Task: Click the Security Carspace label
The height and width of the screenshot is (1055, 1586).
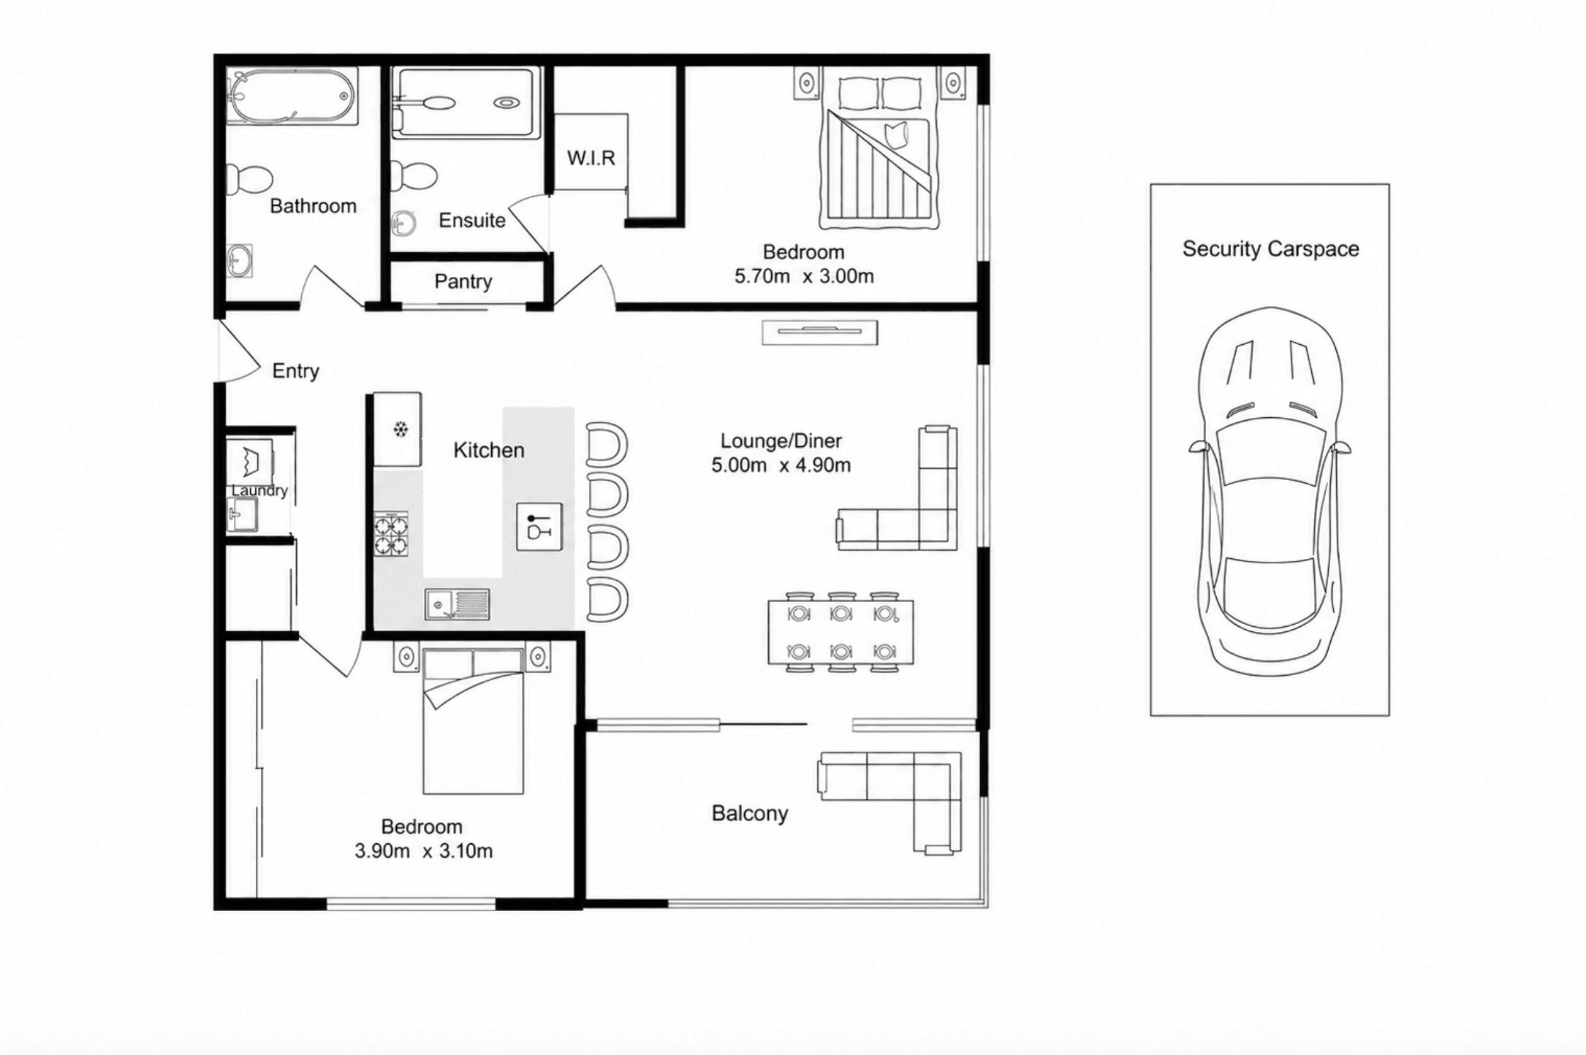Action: pos(1270,249)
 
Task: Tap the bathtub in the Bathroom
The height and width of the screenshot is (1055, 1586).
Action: pos(292,96)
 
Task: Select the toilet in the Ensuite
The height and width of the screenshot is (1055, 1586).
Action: pos(414,175)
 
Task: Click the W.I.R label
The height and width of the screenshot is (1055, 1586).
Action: pos(591,158)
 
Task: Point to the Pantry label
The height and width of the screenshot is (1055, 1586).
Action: pos(463,281)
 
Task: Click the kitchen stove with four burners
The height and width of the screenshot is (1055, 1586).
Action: pos(391,535)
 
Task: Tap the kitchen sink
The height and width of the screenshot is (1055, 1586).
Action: pos(458,604)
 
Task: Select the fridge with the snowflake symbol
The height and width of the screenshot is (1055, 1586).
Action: pos(398,430)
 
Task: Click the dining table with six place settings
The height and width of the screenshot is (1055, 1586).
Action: pos(841,632)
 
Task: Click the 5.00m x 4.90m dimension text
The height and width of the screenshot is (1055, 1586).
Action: pos(781,465)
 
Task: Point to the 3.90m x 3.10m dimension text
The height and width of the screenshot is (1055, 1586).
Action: pos(423,851)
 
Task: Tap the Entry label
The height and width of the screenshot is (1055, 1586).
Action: pos(295,371)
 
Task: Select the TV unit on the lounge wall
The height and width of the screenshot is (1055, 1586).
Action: pos(819,332)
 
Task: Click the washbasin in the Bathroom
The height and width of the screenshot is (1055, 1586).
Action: pos(239,261)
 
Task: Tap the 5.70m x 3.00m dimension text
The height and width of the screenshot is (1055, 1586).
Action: pos(804,276)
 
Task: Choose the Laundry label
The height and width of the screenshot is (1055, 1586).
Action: pos(259,491)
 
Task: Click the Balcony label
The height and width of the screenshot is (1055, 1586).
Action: pos(750,814)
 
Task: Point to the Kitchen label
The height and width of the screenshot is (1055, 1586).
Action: pos(489,450)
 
